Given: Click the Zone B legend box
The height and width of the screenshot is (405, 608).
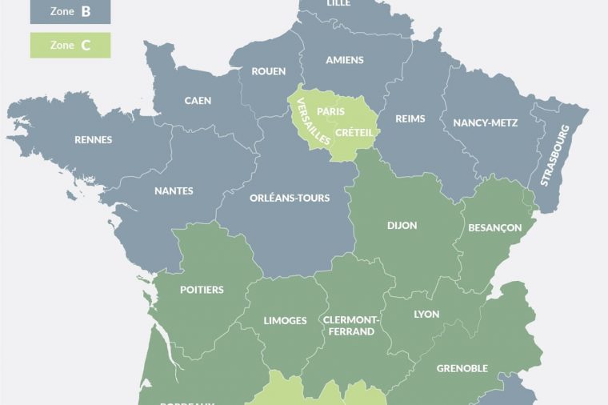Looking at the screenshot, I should click(x=70, y=11).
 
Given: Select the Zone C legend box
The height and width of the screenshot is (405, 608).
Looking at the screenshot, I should click(x=70, y=46).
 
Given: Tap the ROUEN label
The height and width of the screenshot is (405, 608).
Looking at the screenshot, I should click(x=268, y=71).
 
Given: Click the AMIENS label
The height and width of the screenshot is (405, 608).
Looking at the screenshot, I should click(x=345, y=60).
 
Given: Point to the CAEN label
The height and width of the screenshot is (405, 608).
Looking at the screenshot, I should click(x=198, y=101).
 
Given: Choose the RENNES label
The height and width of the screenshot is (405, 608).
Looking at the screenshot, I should click(x=94, y=140).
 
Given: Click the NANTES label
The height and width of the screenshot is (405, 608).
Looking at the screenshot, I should click(x=174, y=191).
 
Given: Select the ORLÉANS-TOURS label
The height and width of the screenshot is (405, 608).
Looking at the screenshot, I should click(x=290, y=198).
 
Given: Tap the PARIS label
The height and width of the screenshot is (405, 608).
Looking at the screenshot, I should click(x=330, y=111).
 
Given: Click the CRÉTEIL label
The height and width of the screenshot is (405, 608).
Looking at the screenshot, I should click(x=354, y=132).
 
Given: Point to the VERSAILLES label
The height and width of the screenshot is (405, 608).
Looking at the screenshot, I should click(x=313, y=122).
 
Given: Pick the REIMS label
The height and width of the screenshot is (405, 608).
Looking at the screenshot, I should click(x=410, y=118).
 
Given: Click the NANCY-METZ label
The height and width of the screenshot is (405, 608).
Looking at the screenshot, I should click(x=486, y=122).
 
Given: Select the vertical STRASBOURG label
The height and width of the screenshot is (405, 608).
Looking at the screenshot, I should click(x=554, y=155).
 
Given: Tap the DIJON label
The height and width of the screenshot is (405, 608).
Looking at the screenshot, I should click(x=402, y=226).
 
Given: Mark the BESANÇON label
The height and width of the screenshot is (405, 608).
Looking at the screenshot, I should click(x=495, y=228).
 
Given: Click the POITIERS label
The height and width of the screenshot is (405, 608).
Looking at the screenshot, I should click(x=202, y=290).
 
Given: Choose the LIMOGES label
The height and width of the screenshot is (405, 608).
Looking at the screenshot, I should click(x=285, y=321).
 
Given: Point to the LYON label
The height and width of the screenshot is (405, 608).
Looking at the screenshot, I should click(x=426, y=315).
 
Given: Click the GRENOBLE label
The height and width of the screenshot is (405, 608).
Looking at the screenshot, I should click(x=462, y=368).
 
